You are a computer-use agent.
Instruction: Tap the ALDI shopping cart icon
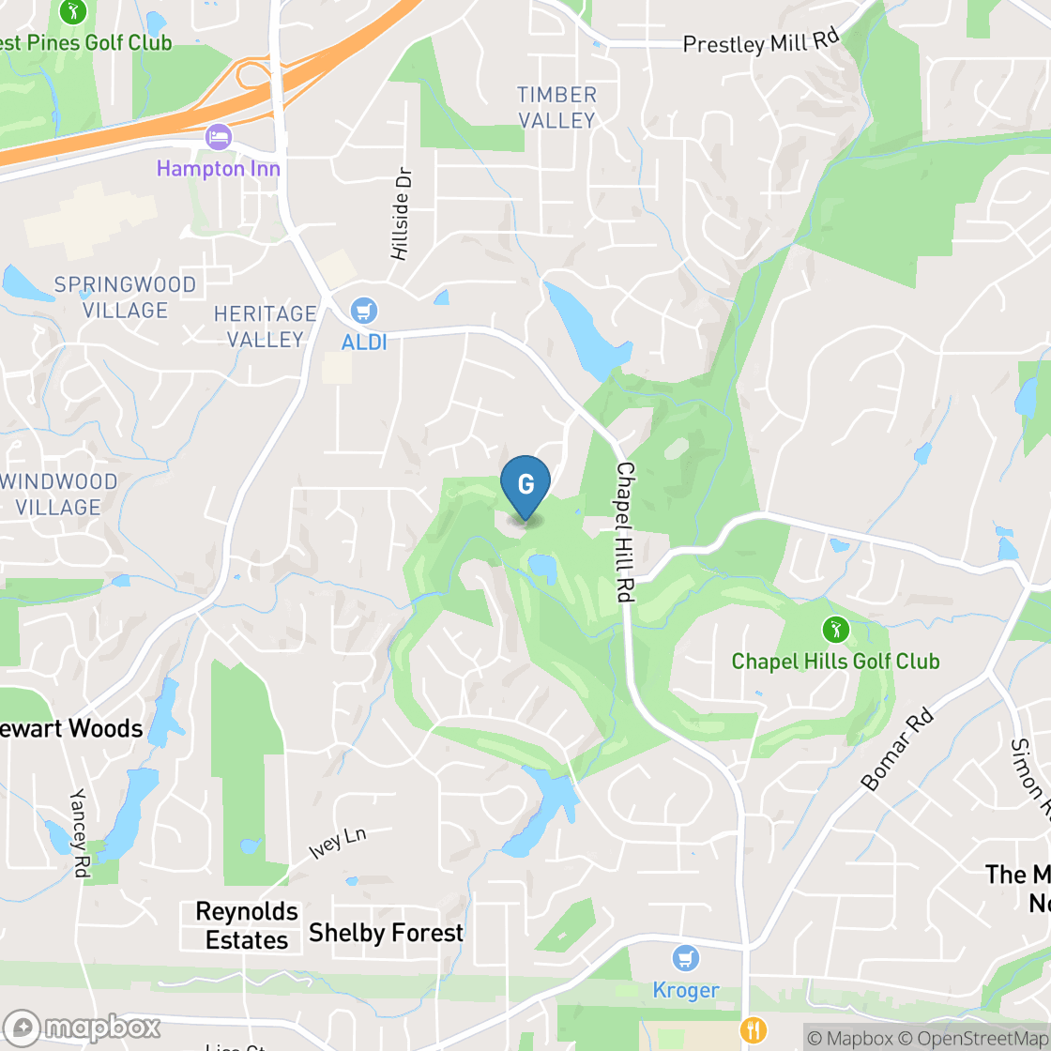(x=363, y=310)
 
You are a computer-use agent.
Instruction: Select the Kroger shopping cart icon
(x=687, y=958)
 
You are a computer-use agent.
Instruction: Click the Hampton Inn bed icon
(x=218, y=137)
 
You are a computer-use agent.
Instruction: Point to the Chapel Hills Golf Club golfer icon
(x=834, y=629)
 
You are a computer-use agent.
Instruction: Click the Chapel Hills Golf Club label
(x=835, y=661)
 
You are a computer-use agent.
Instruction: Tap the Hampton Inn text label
(x=218, y=169)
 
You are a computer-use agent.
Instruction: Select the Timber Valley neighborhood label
(x=556, y=107)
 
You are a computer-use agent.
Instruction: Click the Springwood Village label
(x=125, y=297)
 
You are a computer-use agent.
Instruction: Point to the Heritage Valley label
(x=266, y=326)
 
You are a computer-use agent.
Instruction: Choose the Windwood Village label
(x=59, y=495)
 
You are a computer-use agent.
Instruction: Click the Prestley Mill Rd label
(x=761, y=43)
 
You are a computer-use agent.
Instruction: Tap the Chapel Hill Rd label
(x=625, y=532)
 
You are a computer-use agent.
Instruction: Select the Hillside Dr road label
(x=401, y=215)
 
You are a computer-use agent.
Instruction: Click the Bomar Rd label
(x=898, y=751)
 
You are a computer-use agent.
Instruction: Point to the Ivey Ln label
(x=337, y=844)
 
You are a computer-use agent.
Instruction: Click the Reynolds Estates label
(x=247, y=925)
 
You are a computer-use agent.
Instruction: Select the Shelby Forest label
(x=386, y=933)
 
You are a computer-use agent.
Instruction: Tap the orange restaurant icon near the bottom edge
(x=753, y=1030)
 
